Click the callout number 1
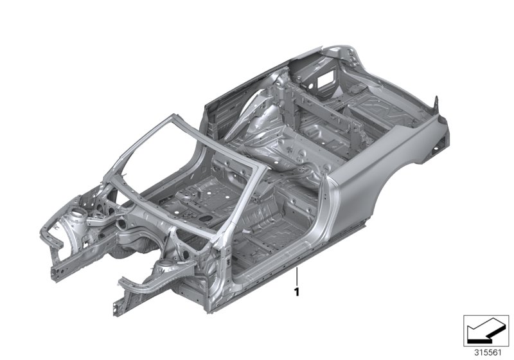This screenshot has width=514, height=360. coord(297,292)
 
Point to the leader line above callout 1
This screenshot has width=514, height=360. coord(297,276)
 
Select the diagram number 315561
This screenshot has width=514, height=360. coord(488,353)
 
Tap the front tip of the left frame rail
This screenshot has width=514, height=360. coord(56,274)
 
